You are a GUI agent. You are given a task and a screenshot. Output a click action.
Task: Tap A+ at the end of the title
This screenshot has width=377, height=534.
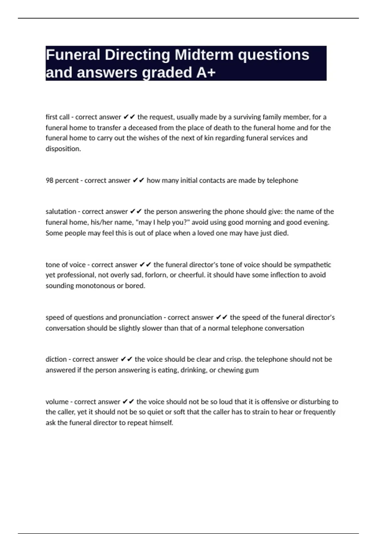[206, 73]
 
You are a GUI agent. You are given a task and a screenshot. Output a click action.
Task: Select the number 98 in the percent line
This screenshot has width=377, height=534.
[49, 180]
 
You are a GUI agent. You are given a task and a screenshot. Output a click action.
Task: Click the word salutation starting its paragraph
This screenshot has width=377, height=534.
[61, 211]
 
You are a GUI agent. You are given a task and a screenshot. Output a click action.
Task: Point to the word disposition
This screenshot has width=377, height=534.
[63, 149]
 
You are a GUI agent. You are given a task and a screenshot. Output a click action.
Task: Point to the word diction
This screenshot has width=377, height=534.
[56, 359]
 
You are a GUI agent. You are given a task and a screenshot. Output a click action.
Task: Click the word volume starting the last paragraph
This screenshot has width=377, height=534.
[57, 402]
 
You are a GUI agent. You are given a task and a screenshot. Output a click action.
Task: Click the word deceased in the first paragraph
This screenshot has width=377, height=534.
[142, 128]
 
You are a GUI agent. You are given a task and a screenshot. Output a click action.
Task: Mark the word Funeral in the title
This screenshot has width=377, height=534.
[73, 55]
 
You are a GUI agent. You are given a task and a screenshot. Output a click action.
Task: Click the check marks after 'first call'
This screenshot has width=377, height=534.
[129, 117]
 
